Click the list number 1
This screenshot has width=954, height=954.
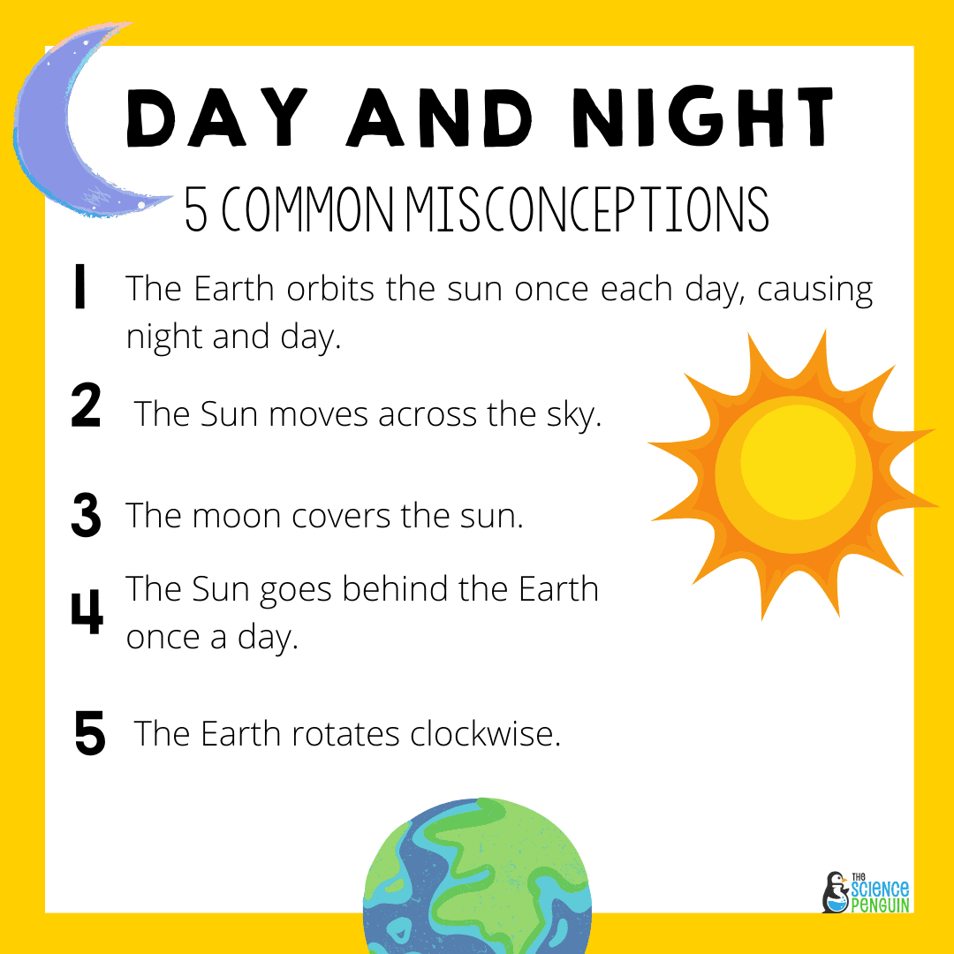tap(80, 289)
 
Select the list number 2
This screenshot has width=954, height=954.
tap(86, 407)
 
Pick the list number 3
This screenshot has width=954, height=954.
tap(86, 515)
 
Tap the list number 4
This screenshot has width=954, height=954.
tap(87, 611)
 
